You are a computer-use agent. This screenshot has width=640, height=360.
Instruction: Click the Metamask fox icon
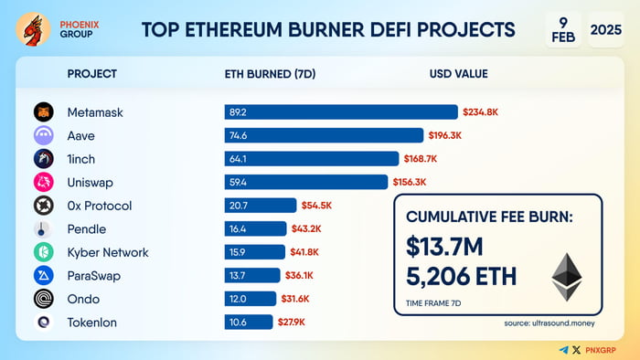click(44, 112)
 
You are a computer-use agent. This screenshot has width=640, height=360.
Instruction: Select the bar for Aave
click(325, 135)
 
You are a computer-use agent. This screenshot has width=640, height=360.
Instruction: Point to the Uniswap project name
click(90, 182)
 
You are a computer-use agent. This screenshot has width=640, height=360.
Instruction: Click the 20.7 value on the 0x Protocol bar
click(240, 206)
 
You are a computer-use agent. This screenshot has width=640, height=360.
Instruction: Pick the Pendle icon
click(44, 228)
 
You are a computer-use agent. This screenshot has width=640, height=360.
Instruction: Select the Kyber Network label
click(107, 252)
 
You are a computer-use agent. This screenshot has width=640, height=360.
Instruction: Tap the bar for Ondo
click(250, 299)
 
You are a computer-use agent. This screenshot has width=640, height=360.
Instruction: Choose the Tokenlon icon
click(44, 322)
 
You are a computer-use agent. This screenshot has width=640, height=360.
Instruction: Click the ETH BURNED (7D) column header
click(272, 74)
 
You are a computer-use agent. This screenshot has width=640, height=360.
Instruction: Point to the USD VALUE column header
click(458, 74)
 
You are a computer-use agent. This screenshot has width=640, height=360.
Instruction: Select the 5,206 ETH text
click(463, 275)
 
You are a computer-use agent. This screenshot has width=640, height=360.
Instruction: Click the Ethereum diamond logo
click(566, 277)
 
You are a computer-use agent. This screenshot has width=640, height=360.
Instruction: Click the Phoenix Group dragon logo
click(35, 28)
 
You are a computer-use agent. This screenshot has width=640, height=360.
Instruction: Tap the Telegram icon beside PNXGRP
click(563, 349)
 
